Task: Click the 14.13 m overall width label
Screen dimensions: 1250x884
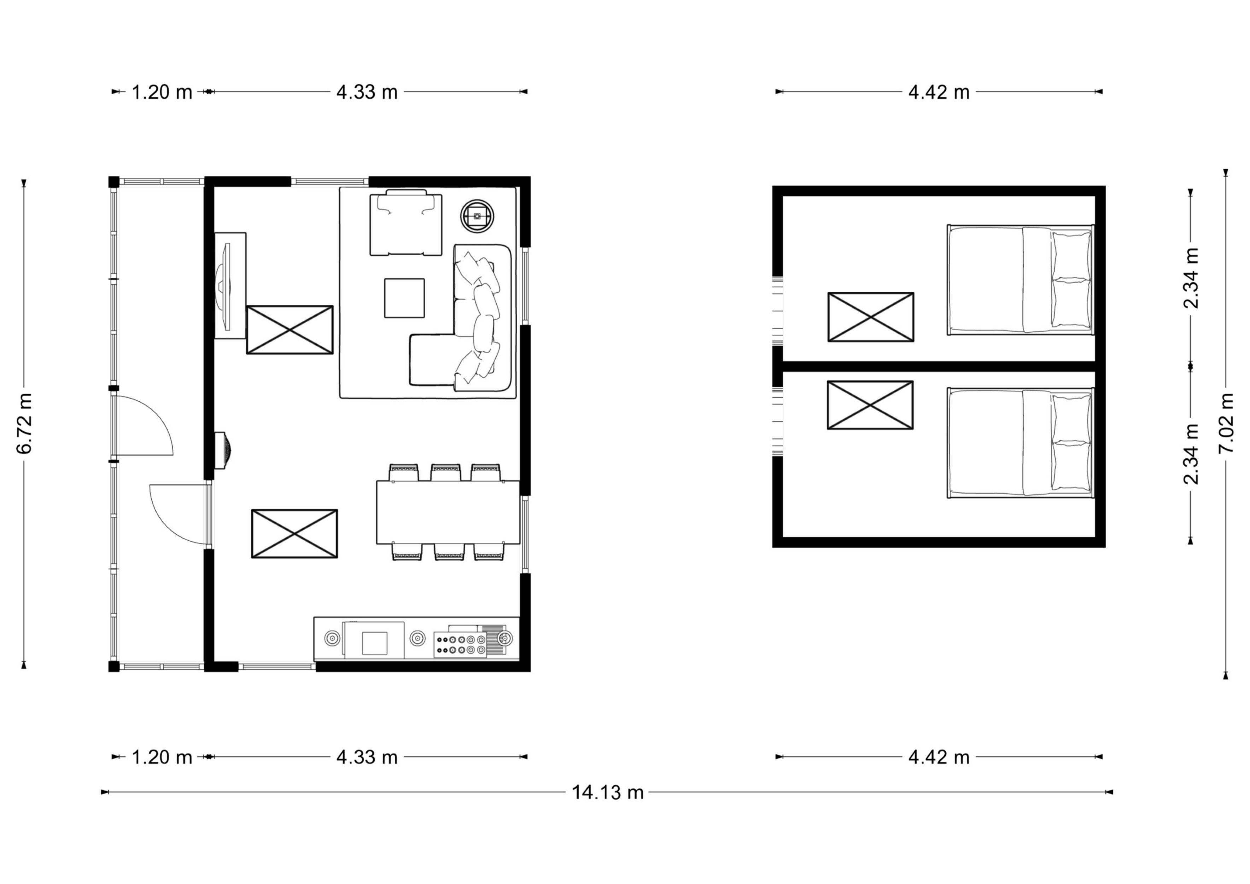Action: coord(608,792)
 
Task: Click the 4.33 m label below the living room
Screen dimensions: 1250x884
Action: coord(367,757)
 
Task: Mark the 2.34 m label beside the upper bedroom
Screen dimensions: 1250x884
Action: coord(1192,278)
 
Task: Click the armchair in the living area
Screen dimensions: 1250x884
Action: coord(405,223)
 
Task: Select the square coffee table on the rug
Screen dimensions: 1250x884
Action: coord(404,298)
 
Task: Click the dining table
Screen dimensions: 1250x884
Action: coord(448,512)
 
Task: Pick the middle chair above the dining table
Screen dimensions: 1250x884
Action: coord(446,472)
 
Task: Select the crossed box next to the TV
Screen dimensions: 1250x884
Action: coord(290,330)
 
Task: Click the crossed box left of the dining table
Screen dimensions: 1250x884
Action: coord(294,534)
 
